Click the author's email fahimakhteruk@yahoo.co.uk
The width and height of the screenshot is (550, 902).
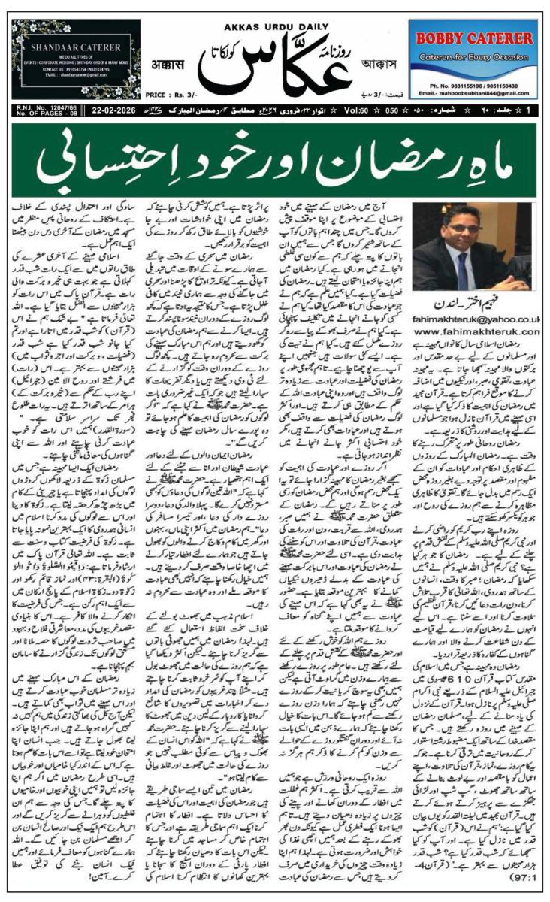(x=488, y=319)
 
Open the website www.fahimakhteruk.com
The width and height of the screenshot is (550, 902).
(x=488, y=331)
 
